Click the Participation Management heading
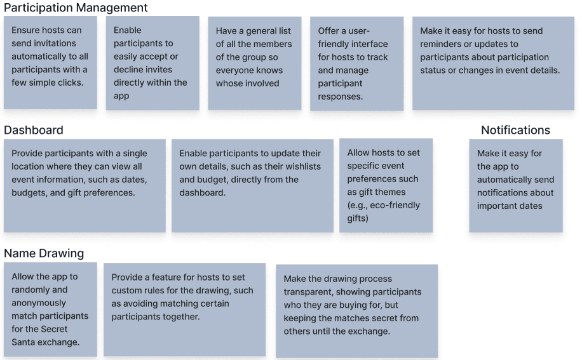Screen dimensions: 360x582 point(76,8)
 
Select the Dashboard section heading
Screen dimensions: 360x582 point(34,130)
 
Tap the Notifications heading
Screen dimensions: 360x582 point(515,130)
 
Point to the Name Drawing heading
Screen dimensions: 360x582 point(44,253)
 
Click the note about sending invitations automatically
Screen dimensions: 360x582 point(50,63)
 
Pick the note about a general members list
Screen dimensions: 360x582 point(254,63)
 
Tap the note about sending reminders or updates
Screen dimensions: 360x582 point(493,63)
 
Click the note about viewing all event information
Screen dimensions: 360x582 point(85,185)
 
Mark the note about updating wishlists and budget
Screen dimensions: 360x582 point(252,185)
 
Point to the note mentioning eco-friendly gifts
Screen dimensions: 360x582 point(386,185)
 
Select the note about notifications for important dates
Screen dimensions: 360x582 point(516,185)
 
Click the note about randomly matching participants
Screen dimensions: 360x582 point(50,309)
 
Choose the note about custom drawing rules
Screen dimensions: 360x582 point(184,309)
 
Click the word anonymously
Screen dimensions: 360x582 point(39,303)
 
